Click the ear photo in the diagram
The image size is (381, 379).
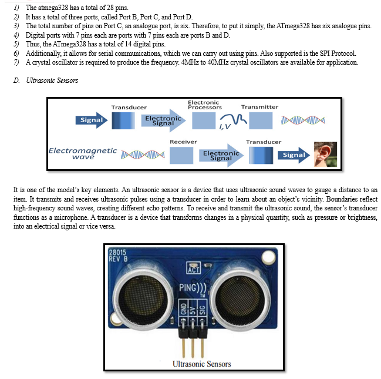pos(325,154)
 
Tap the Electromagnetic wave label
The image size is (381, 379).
pos(83,153)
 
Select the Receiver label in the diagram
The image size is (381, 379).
pos(183,142)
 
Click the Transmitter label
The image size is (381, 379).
pos(259,107)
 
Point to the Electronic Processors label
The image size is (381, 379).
pos(205,105)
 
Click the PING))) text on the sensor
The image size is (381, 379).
pos(193,288)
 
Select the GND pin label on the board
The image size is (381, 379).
pos(183,309)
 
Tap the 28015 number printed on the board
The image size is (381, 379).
pos(117,252)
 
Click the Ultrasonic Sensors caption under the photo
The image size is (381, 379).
pos(202,364)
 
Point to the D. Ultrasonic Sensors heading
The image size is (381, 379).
pos(46,81)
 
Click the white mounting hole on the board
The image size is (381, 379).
pos(268,257)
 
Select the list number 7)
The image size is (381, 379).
pos(16,62)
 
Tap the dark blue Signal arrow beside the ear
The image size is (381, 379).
pos(294,155)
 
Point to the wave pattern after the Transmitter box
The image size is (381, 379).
pos(303,120)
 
